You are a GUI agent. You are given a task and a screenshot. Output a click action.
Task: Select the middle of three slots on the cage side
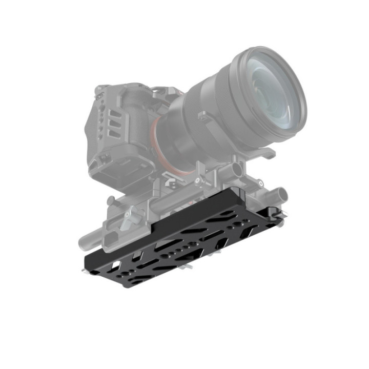(113, 121)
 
